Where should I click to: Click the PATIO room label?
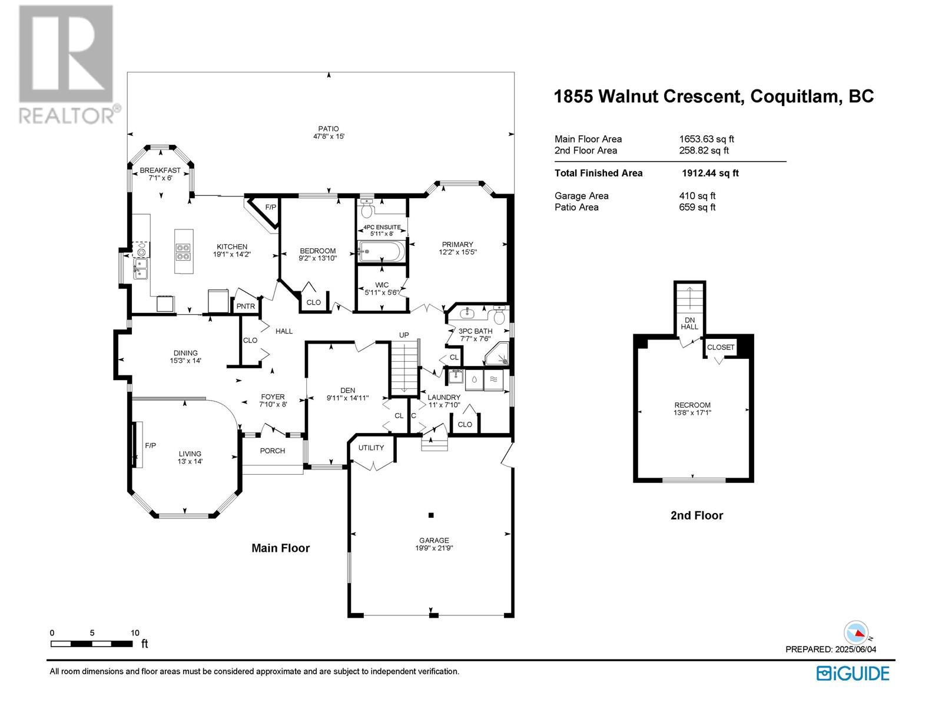tap(329, 129)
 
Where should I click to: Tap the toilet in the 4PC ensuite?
tap(367, 208)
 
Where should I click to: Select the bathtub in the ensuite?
tap(381, 251)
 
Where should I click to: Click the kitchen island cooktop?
tap(183, 252)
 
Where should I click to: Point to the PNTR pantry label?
tap(246, 306)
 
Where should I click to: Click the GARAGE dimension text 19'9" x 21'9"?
tap(434, 548)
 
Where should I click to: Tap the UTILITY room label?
tap(371, 448)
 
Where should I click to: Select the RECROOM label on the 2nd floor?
tap(692, 405)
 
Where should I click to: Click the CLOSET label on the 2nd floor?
tap(721, 347)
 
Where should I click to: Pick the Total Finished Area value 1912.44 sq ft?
tap(710, 173)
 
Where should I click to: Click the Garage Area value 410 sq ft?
tap(697, 196)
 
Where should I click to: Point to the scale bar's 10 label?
tap(135, 632)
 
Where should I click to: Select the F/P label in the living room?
tap(150, 445)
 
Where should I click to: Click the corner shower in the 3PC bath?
tap(497, 354)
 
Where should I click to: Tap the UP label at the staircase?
tap(404, 335)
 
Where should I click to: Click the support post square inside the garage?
tap(432, 515)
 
